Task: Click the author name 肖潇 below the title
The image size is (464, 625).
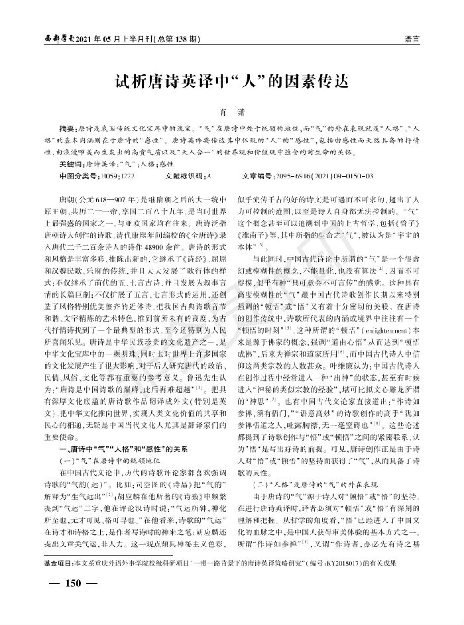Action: pos(231,113)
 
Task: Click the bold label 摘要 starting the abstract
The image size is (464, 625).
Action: pos(68,126)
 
